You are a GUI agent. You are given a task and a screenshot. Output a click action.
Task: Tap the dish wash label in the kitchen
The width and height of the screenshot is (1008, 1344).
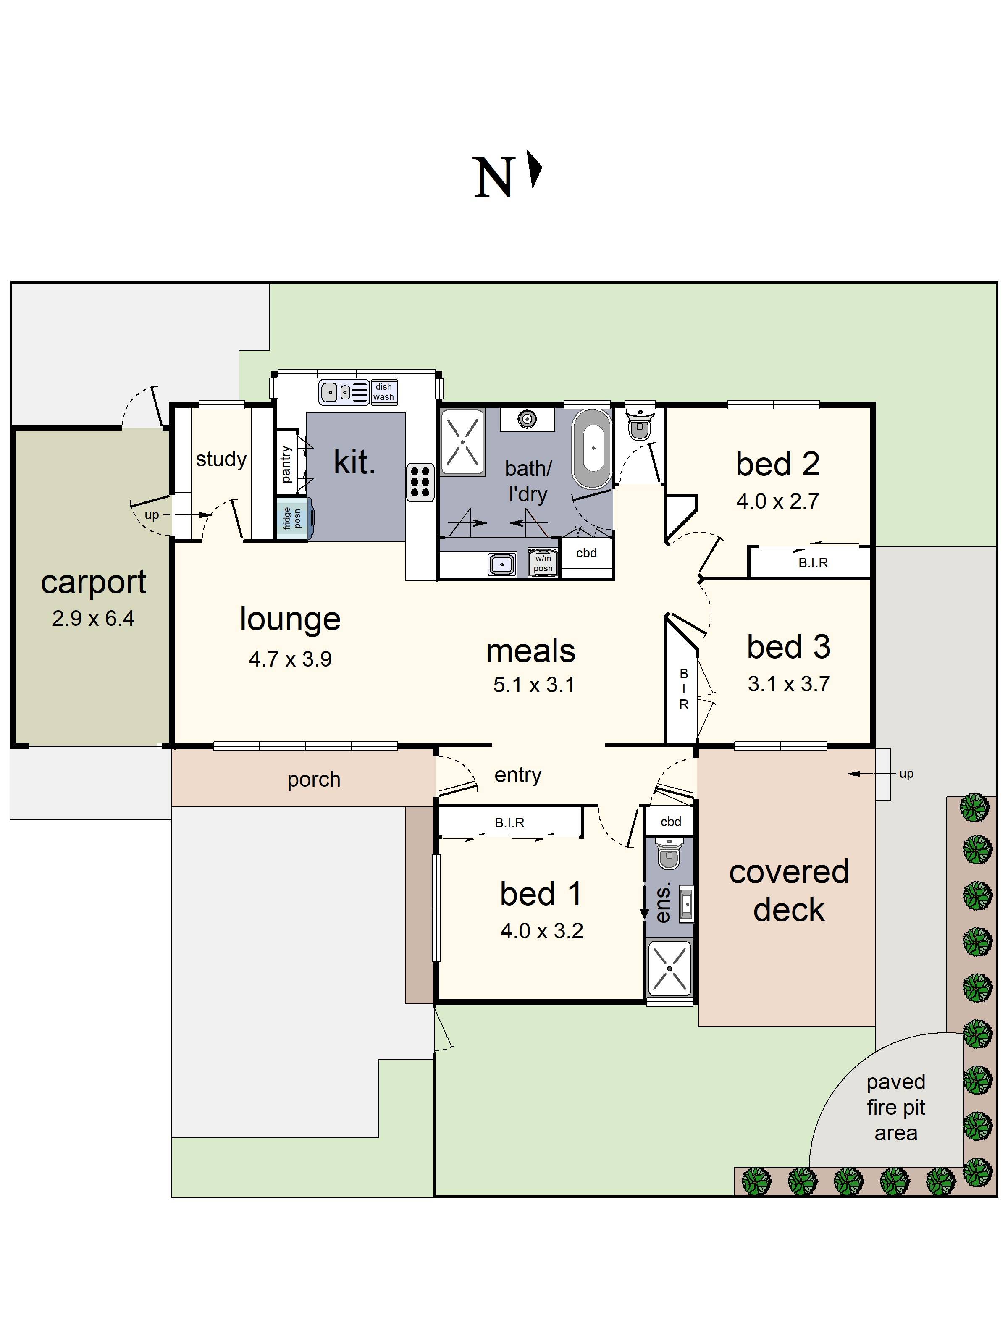coord(383,392)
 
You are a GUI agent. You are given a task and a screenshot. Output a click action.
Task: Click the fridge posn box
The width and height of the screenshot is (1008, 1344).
coord(293,518)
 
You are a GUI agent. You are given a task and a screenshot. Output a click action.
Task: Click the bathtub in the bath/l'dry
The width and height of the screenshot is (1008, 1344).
coord(592,449)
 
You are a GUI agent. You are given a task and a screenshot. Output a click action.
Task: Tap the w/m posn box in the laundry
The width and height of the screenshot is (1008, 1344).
coord(543,563)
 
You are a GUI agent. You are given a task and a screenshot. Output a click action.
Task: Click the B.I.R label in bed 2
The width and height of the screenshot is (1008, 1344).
coord(813,563)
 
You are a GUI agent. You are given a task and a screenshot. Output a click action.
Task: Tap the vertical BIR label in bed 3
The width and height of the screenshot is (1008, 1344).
coord(683,689)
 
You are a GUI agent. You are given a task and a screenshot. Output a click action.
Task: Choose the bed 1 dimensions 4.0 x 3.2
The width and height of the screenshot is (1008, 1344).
coord(541,931)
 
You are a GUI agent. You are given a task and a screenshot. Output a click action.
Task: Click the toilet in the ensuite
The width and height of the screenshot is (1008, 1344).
coord(669,856)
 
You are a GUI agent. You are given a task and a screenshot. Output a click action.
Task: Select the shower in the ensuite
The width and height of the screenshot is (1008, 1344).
coord(669,969)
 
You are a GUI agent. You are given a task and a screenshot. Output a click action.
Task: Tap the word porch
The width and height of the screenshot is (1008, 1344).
coord(313,780)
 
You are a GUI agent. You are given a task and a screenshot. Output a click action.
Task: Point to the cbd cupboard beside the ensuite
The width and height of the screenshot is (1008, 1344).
coord(671,822)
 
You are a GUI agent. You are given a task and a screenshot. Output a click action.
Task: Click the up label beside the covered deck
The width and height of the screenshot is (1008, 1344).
coord(906,774)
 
